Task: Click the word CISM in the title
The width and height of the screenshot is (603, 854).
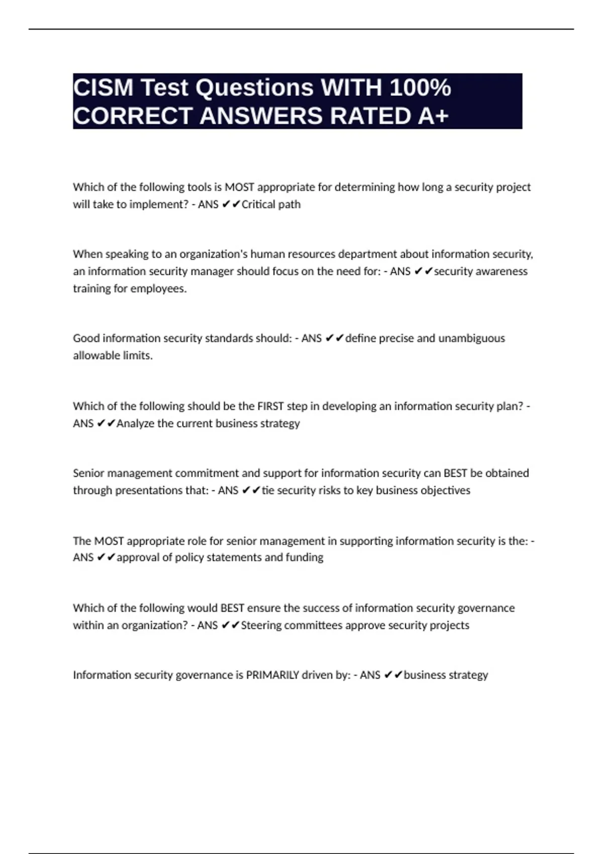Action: click(x=104, y=88)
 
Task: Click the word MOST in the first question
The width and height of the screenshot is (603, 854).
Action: click(x=239, y=187)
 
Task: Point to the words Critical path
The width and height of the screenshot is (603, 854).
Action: click(x=271, y=204)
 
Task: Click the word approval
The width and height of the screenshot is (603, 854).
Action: click(x=138, y=558)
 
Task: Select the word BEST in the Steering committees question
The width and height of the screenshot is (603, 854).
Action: click(x=232, y=608)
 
